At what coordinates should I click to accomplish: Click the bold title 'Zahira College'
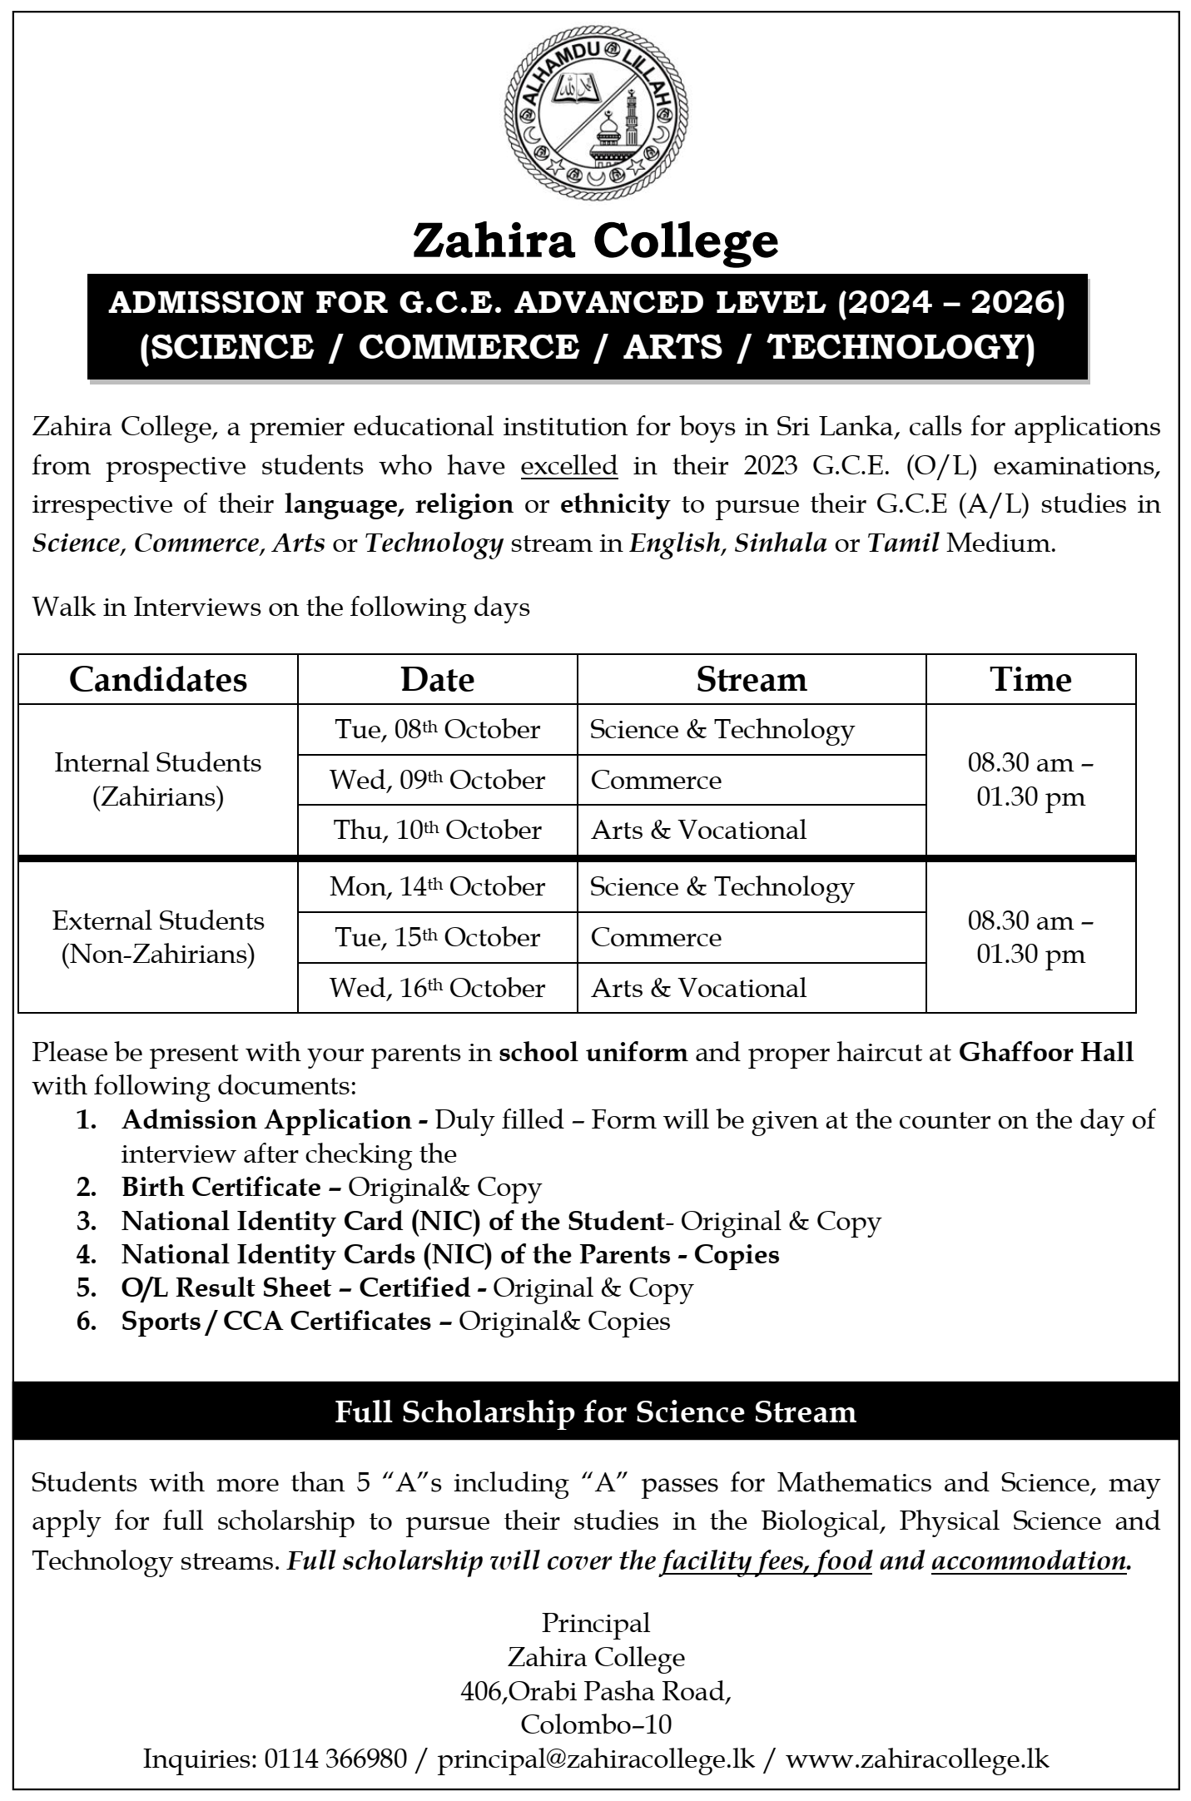[596, 241]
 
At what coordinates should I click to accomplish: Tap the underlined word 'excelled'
[569, 465]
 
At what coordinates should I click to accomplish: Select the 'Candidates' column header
[158, 680]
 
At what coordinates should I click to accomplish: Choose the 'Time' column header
[1030, 680]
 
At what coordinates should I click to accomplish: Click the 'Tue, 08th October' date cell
[438, 730]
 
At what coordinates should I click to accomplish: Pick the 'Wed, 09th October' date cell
[438, 780]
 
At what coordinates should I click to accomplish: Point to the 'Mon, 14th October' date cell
[438, 887]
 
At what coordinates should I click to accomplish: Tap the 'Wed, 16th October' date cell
[438, 988]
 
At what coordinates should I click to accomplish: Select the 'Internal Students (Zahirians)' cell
[158, 780]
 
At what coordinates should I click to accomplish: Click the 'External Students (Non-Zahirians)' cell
[158, 937]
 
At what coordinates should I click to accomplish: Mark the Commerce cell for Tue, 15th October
[656, 938]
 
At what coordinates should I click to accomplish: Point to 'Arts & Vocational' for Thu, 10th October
[699, 830]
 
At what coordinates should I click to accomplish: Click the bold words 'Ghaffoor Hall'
[1046, 1053]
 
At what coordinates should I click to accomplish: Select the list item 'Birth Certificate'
[221, 1187]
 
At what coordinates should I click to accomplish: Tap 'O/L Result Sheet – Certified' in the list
[296, 1287]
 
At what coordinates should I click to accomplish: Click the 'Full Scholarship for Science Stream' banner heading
[596, 1412]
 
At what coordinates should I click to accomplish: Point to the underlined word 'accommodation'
[1030, 1560]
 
